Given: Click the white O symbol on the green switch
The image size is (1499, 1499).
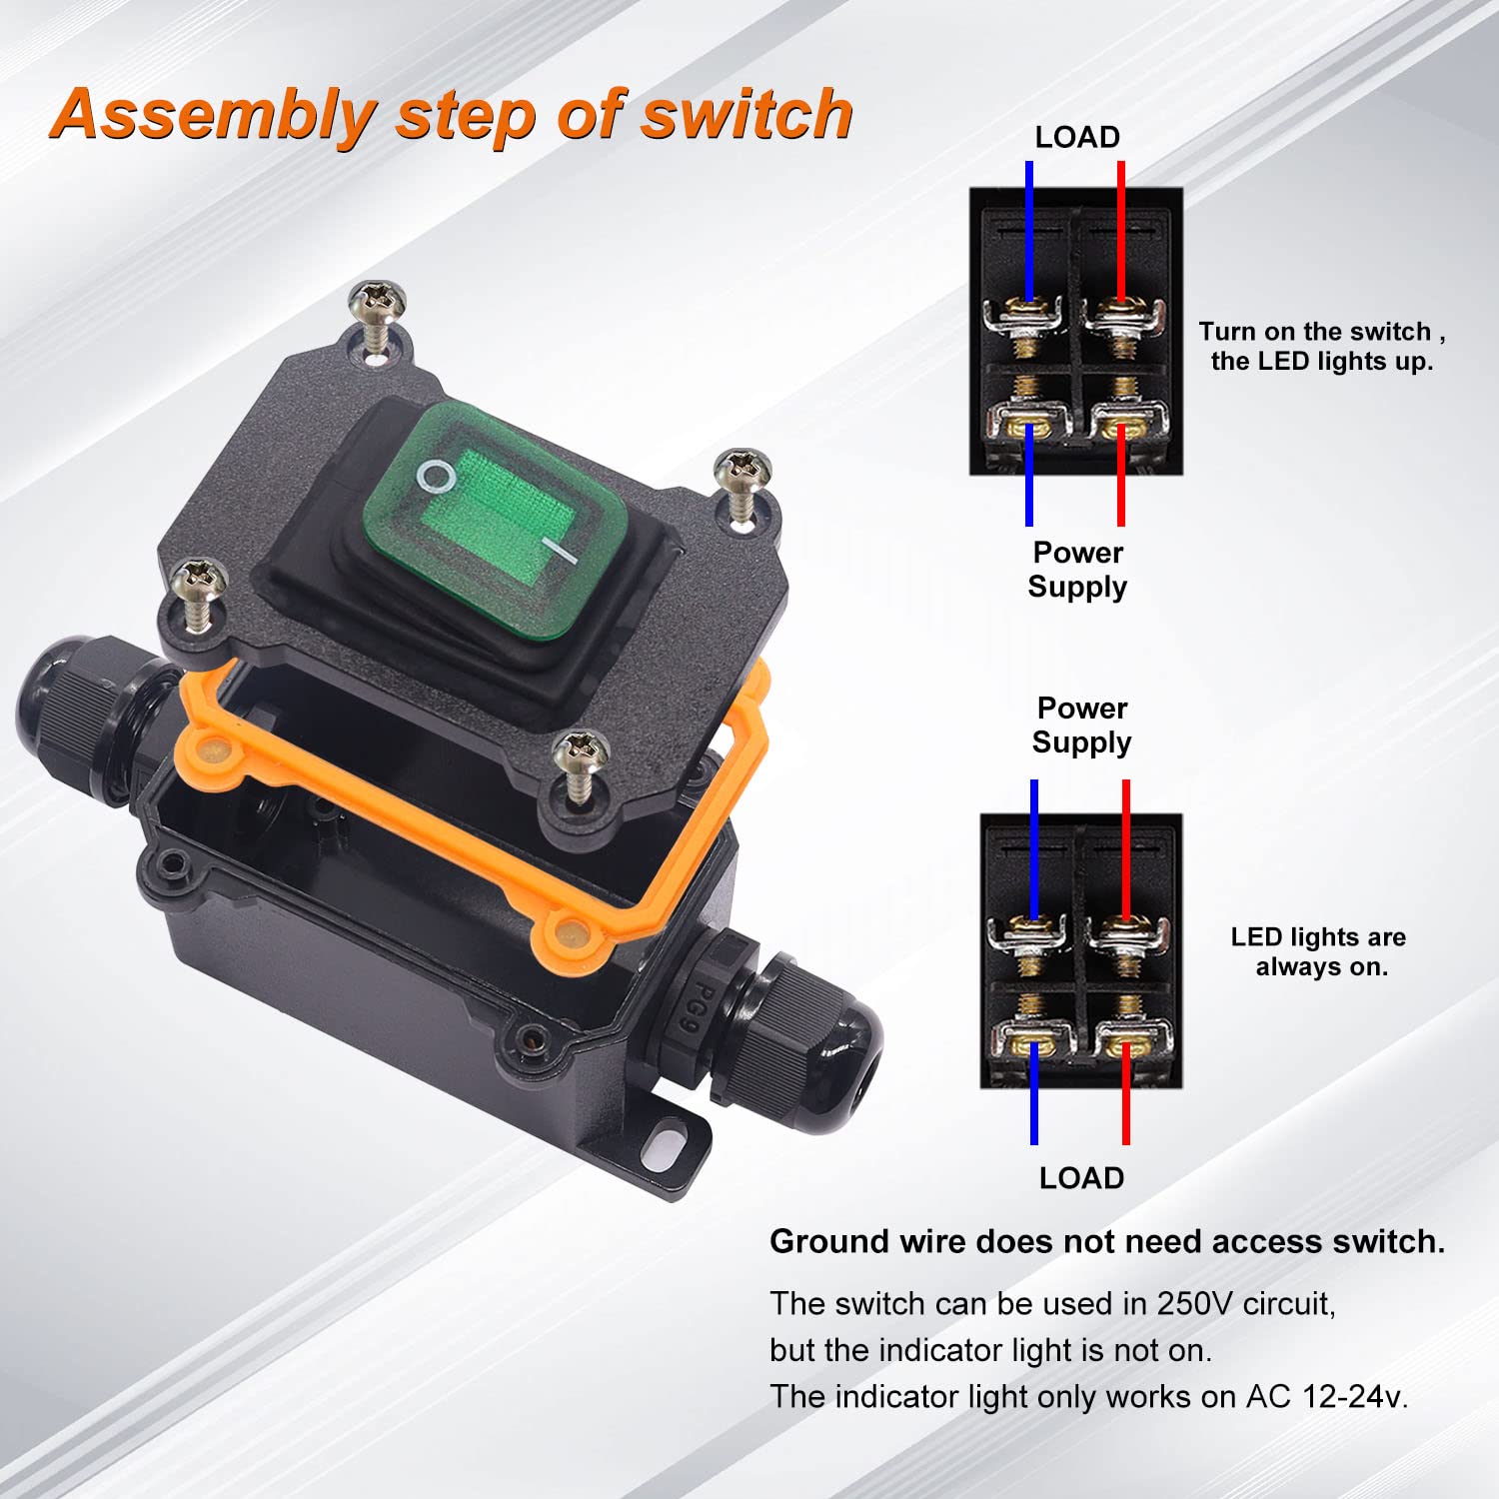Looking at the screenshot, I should [x=436, y=478].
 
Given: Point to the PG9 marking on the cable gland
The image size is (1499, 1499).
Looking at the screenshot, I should [x=697, y=1009].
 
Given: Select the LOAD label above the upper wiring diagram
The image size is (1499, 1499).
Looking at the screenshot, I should [x=1076, y=137].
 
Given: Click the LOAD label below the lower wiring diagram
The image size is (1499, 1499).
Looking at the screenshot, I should [x=1081, y=1178].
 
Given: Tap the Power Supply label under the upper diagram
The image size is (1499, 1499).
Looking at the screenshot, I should [x=1077, y=570].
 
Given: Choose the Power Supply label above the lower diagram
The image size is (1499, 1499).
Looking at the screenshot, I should [x=1081, y=726].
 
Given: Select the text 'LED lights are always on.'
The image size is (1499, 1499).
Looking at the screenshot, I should [x=1319, y=951].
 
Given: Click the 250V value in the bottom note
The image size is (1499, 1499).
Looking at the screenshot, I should [x=1195, y=1304].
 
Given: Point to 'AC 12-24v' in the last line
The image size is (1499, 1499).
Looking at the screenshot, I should [x=1325, y=1396].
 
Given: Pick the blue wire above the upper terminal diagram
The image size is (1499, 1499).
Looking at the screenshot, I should [x=1028, y=230].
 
